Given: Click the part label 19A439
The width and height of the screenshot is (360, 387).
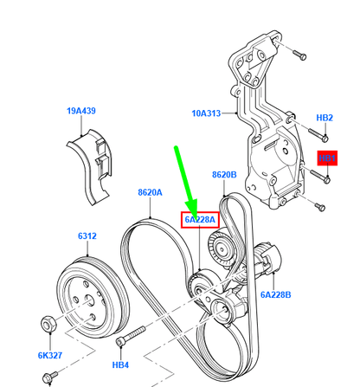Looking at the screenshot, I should tap(81, 112).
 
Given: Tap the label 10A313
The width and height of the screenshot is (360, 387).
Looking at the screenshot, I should tap(208, 113).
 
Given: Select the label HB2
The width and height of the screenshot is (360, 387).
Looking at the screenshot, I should tap(325, 117).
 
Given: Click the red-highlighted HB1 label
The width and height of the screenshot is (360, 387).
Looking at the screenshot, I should tap(327, 159).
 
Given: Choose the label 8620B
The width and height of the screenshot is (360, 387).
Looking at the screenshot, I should tap(224, 175).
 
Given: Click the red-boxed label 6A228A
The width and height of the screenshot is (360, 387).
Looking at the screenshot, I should tap(199, 220).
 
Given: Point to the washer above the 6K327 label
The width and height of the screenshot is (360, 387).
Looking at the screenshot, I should tap(50, 326).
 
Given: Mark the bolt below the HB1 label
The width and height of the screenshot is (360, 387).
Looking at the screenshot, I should tap(325, 178).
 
